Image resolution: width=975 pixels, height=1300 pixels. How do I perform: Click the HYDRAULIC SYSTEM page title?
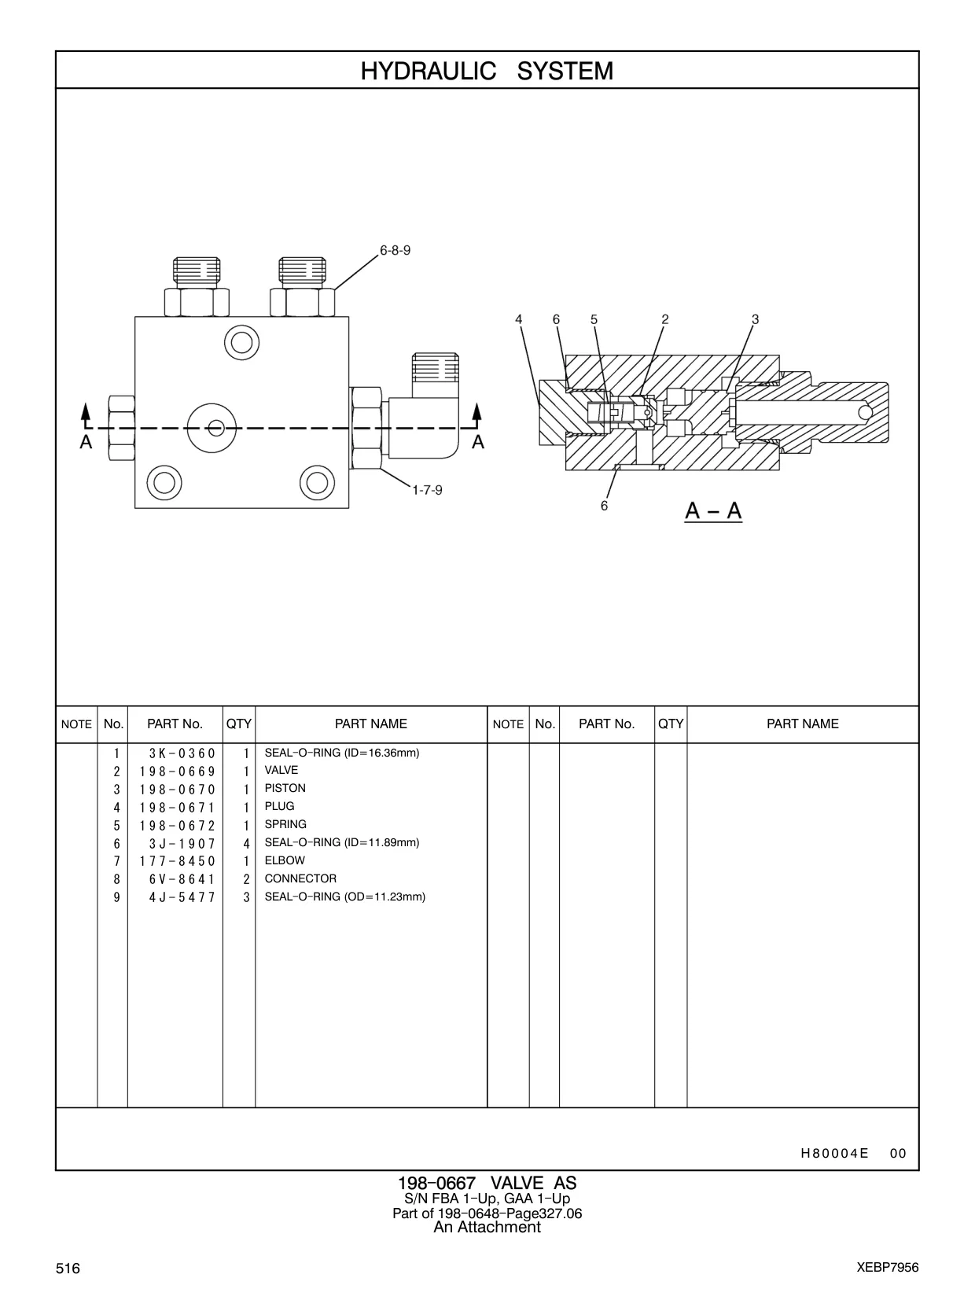pyautogui.click(x=487, y=71)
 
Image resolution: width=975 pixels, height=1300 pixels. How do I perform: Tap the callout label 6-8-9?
pyautogui.click(x=395, y=251)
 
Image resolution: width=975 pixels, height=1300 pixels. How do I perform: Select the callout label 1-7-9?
pyautogui.click(x=428, y=490)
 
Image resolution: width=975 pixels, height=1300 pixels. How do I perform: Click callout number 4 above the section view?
pyautogui.click(x=519, y=319)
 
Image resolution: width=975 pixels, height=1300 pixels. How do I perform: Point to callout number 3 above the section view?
pyautogui.click(x=755, y=319)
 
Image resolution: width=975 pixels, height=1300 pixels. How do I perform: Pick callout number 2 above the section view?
pyautogui.click(x=664, y=319)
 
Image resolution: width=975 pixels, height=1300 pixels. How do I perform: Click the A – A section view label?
pyautogui.click(x=713, y=510)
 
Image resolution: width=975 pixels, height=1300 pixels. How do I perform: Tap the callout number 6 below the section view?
pyautogui.click(x=604, y=506)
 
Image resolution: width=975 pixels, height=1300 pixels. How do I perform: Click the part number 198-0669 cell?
pyautogui.click(x=177, y=772)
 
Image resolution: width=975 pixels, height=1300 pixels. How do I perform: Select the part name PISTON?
pyautogui.click(x=285, y=788)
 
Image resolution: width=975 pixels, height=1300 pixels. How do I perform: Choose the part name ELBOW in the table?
pyautogui.click(x=285, y=860)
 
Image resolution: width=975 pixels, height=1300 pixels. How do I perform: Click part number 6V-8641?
pyautogui.click(x=182, y=879)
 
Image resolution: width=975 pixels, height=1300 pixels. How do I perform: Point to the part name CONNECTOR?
pyautogui.click(x=300, y=878)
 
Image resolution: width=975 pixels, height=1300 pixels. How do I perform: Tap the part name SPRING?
pyautogui.click(x=285, y=824)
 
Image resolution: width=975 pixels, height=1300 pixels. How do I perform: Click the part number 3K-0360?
pyautogui.click(x=182, y=753)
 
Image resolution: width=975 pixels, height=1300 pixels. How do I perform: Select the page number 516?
pyautogui.click(x=68, y=1268)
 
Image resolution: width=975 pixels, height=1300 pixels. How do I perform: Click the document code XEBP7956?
pyautogui.click(x=888, y=1268)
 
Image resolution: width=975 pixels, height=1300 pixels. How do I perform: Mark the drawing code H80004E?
pyautogui.click(x=835, y=1153)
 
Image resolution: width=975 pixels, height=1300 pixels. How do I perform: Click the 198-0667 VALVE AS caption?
pyautogui.click(x=487, y=1183)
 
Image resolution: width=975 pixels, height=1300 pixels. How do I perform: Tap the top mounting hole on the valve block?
pyautogui.click(x=241, y=342)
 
